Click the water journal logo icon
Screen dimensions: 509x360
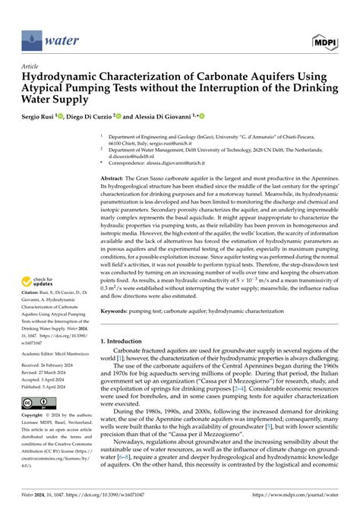tap(31, 35)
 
